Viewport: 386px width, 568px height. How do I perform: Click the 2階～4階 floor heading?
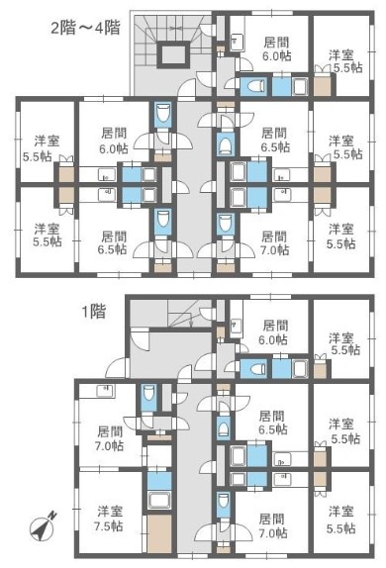coord(85,28)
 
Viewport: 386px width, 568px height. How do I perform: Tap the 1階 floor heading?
coord(93,311)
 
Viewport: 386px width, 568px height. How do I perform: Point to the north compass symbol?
coord(43,525)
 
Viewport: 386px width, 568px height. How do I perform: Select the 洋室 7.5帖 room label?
coord(110,518)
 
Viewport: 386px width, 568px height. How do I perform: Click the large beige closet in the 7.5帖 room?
coord(159,533)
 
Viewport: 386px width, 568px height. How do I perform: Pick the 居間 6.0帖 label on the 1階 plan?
coord(275,331)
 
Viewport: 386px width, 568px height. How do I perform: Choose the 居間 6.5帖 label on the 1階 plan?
coord(273,423)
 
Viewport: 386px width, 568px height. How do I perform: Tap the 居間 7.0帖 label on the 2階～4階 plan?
coord(275,242)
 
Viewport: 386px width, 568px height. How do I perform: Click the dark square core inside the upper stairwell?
coord(173,54)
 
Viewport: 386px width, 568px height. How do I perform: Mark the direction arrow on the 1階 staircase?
coord(191,319)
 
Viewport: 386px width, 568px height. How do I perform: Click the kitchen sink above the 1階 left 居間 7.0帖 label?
coord(106,391)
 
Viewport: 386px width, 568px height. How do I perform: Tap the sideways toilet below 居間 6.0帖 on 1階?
coord(253,369)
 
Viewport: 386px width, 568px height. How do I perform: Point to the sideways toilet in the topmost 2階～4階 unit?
coord(253,86)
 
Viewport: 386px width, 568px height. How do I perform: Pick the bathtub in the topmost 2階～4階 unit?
coord(299,86)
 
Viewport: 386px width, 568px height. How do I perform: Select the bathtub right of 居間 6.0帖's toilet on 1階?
coord(299,369)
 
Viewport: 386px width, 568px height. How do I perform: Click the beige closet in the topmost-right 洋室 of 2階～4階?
coord(323,86)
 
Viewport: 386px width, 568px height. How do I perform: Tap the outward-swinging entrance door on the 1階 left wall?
coord(120,367)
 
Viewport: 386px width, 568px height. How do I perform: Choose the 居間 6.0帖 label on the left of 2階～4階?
coord(114,140)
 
